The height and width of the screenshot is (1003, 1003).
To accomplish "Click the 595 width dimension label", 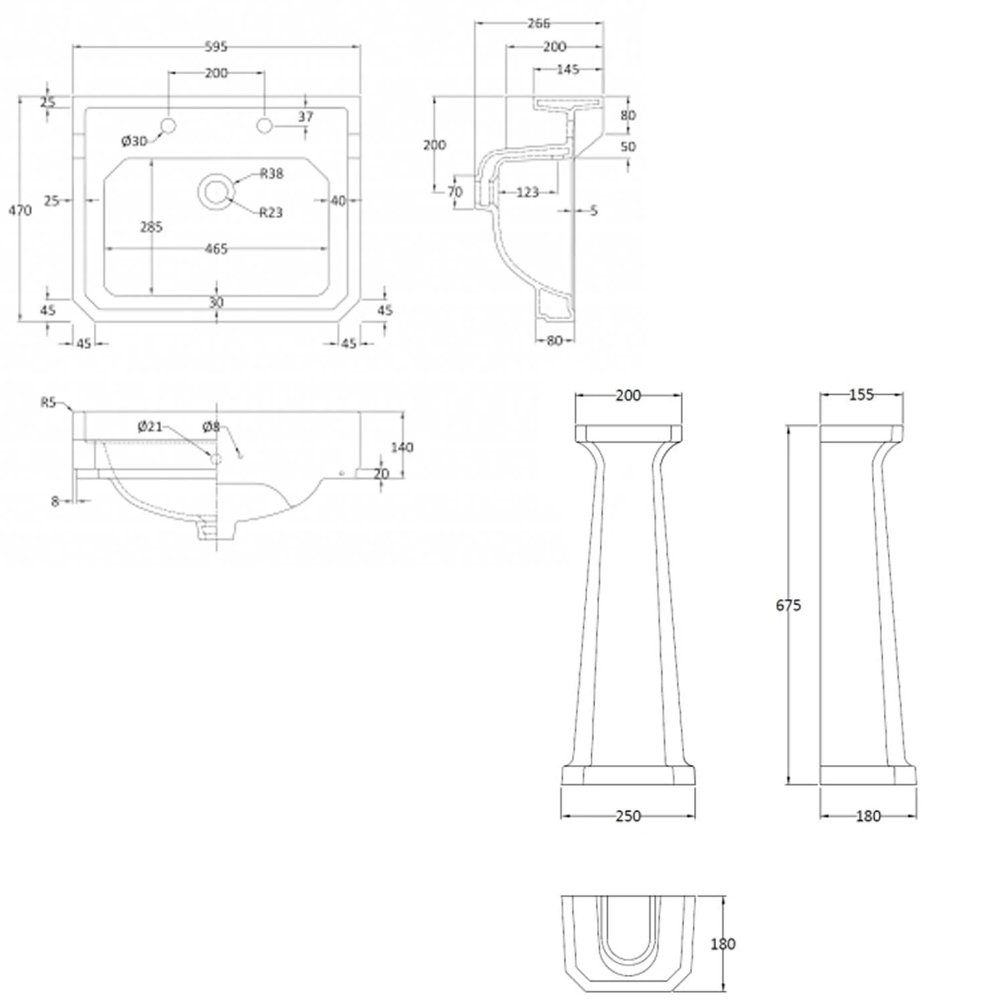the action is click(x=216, y=47).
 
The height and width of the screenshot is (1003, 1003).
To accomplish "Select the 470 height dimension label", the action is click(x=20, y=210).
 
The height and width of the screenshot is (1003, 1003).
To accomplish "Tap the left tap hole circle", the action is click(x=168, y=125).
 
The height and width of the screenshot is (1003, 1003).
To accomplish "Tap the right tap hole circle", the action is click(x=265, y=125).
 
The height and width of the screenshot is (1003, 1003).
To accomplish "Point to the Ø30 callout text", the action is click(x=134, y=141).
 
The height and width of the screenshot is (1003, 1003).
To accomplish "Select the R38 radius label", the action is click(x=271, y=174).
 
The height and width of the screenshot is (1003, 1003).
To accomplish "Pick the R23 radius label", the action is click(x=271, y=213).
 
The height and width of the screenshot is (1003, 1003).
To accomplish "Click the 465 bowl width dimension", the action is click(x=216, y=249).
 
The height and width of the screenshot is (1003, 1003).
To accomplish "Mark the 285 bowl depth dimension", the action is click(x=152, y=227).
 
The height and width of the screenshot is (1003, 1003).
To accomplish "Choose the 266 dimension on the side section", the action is click(x=538, y=23).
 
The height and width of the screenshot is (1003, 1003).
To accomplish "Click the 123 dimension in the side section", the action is click(x=528, y=193).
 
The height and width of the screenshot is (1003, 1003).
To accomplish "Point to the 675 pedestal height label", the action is click(x=788, y=605).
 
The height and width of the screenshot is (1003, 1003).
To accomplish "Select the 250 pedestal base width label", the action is click(x=628, y=816).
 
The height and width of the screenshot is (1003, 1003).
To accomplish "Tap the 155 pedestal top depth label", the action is click(x=861, y=395).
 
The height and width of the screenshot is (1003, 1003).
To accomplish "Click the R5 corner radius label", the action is click(x=48, y=403).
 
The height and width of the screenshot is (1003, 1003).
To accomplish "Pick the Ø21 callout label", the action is click(x=150, y=426).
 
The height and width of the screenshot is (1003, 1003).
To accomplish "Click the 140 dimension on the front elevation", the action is click(x=401, y=447).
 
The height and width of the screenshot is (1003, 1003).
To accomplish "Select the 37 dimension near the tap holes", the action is click(x=306, y=117).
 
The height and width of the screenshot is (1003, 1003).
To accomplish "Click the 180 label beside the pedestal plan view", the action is click(x=723, y=944).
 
